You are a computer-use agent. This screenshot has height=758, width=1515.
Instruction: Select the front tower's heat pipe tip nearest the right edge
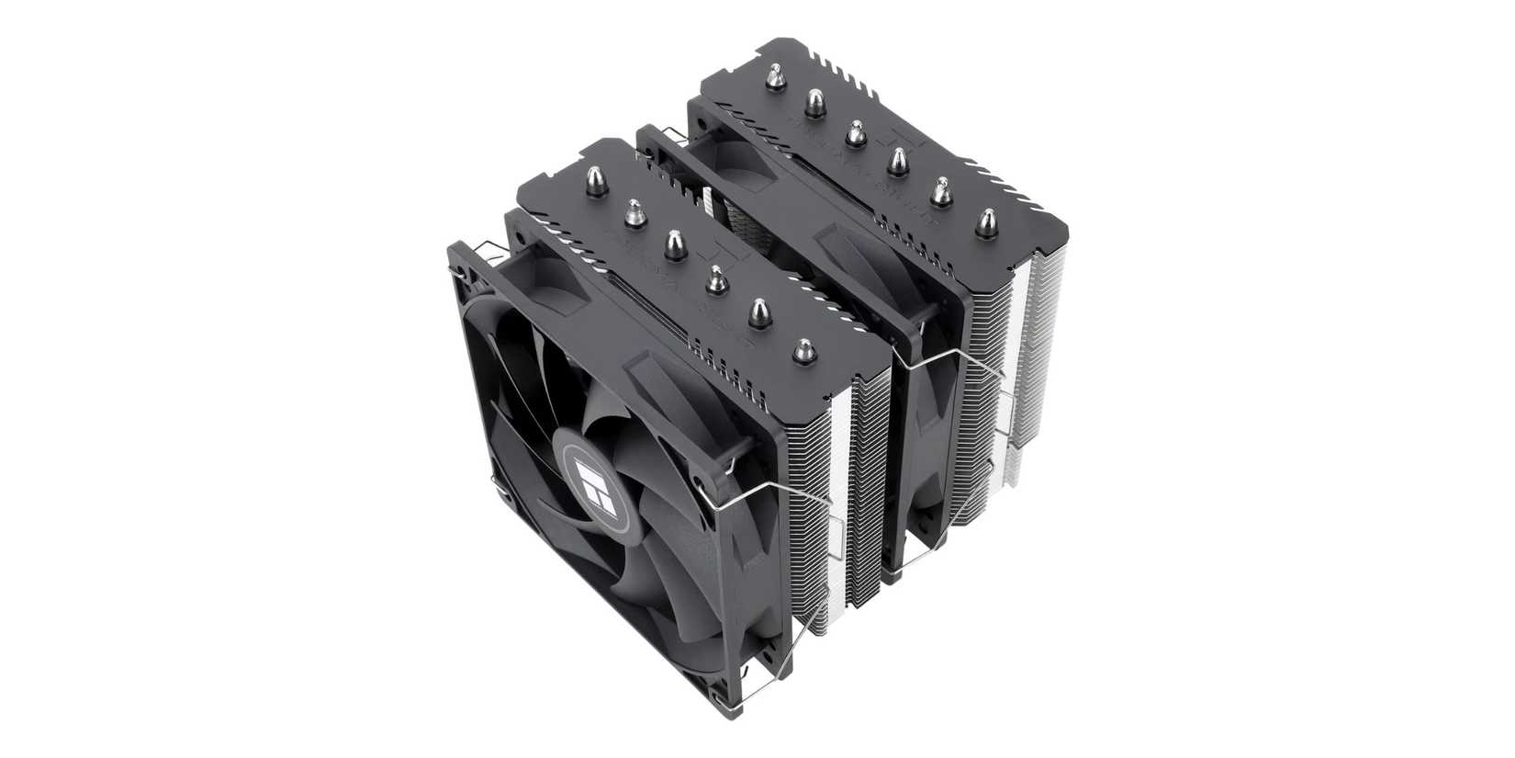(x=805, y=349)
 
